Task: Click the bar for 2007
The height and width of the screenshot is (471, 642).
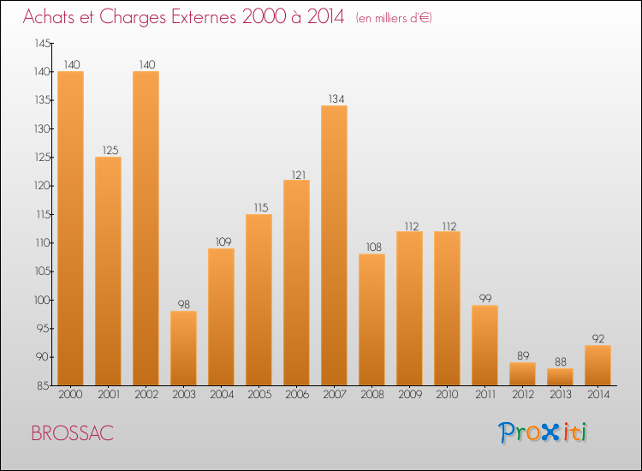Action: click(x=334, y=245)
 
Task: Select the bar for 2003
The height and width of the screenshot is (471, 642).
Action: click(x=183, y=348)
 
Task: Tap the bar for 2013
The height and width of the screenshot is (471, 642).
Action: click(x=560, y=376)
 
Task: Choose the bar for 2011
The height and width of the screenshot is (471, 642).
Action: click(x=484, y=345)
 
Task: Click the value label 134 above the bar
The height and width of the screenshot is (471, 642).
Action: click(x=334, y=99)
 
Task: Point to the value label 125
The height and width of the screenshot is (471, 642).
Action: click(x=108, y=151)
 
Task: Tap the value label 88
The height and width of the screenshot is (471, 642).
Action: click(x=560, y=362)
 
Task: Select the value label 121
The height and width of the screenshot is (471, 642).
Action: click(x=296, y=174)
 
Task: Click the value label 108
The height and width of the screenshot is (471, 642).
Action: click(x=372, y=247)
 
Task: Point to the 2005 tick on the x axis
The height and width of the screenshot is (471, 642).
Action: click(x=259, y=396)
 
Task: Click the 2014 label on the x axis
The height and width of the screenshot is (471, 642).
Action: click(x=597, y=396)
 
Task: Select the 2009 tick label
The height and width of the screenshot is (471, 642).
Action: click(x=409, y=396)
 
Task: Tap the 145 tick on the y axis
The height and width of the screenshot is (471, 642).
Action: click(x=42, y=43)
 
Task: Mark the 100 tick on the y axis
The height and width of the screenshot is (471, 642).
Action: click(x=42, y=300)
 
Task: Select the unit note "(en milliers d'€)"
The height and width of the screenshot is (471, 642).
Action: click(x=394, y=18)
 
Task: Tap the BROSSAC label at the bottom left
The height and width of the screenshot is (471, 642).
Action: click(x=72, y=433)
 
